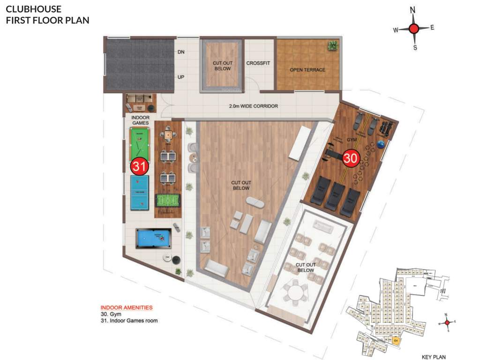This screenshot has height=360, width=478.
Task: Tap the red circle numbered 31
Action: (139, 166)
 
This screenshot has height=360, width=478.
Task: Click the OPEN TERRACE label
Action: (307, 70)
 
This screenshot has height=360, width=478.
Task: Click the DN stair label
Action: (181, 52)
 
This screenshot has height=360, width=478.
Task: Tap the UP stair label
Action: (181, 77)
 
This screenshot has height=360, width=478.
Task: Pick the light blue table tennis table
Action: (139, 193)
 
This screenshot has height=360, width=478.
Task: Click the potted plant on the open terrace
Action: (333, 46)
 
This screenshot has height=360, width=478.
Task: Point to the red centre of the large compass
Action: (413, 29)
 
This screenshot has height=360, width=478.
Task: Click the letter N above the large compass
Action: (412, 10)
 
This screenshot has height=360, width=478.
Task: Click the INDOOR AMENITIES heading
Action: (127, 307)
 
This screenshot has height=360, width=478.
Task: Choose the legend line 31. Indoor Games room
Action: (129, 321)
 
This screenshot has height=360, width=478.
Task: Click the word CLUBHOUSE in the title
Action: (33, 9)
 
